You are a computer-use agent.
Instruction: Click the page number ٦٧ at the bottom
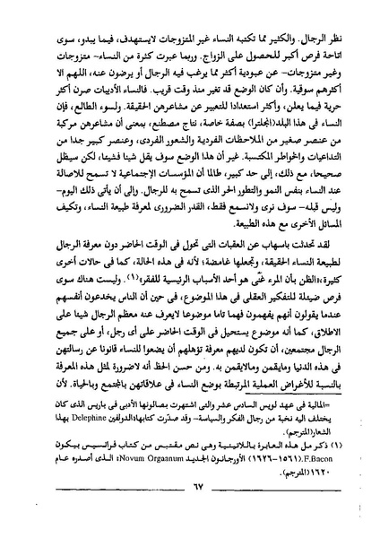pyautogui.click(x=193, y=510)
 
